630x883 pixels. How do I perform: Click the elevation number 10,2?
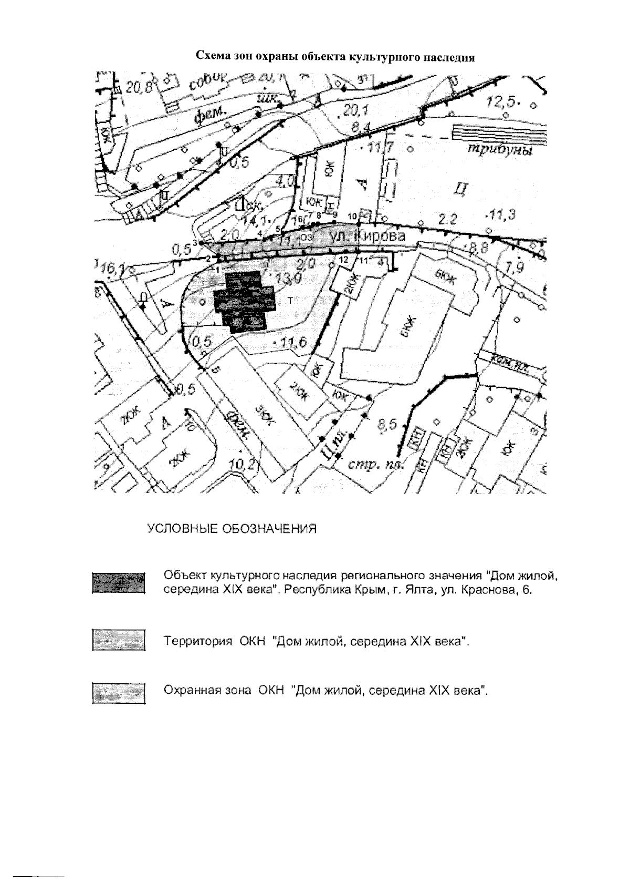click(245, 464)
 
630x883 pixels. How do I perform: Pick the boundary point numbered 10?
click(352, 215)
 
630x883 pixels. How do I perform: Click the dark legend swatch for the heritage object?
click(118, 582)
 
